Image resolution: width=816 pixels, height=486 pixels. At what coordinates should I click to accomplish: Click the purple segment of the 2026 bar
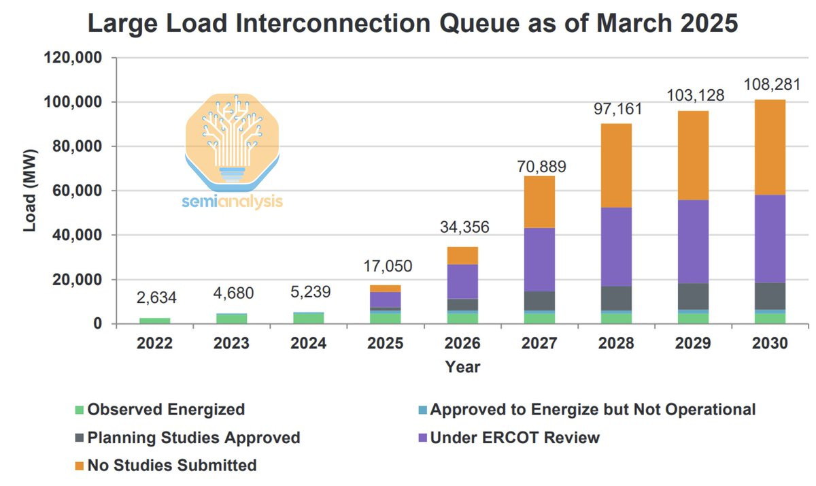click(462, 281)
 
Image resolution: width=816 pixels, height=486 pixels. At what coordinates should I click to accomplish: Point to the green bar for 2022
click(156, 320)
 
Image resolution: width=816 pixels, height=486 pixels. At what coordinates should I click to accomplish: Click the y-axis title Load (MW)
click(30, 191)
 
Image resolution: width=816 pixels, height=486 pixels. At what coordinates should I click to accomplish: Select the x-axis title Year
click(462, 368)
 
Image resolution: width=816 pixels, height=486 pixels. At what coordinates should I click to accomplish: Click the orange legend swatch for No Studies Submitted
click(79, 466)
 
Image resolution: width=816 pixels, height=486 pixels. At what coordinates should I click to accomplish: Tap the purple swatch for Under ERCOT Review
click(422, 438)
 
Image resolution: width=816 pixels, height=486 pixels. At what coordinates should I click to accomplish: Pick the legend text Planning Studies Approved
click(194, 438)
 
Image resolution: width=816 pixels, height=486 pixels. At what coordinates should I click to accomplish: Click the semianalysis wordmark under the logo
click(233, 202)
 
